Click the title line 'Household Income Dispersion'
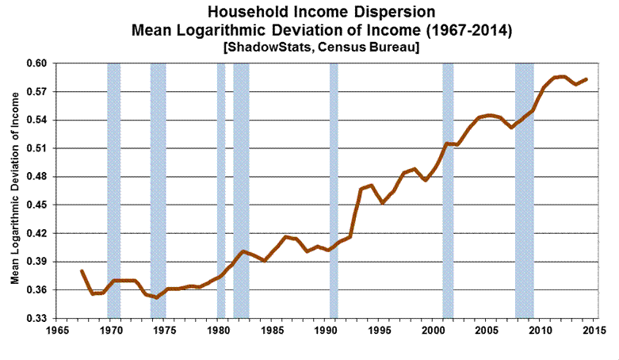[309, 13]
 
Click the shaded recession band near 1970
[114, 190]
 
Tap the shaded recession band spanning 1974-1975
[158, 190]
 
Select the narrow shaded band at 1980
[221, 190]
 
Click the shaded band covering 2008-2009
[524, 190]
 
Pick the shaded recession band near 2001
[448, 190]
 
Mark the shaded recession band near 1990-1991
[334, 190]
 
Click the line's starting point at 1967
[82, 270]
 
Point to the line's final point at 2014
[586, 79]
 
